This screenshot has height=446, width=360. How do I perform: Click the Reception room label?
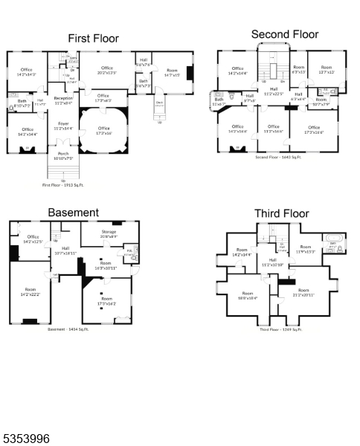[x=63, y=100]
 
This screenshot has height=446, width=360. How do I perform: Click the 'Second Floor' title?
[x=284, y=34]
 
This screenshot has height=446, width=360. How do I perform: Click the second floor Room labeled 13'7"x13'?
[x=327, y=70]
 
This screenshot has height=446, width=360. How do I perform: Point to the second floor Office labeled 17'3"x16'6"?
[x=315, y=129]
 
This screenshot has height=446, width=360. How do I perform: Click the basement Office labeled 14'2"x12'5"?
[x=32, y=239]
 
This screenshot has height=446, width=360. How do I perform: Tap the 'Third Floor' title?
[x=281, y=213]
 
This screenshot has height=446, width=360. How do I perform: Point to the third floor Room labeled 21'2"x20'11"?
[x=303, y=292]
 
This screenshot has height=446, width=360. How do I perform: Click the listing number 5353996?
[x=26, y=439]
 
